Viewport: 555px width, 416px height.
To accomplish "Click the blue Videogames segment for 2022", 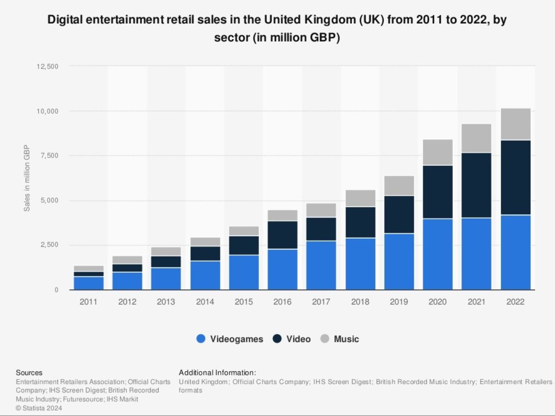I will (x=515, y=252).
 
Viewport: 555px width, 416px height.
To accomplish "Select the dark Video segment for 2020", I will (x=438, y=192).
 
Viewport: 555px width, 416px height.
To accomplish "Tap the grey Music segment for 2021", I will (x=476, y=138).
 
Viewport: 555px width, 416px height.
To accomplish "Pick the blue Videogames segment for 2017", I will (x=321, y=265).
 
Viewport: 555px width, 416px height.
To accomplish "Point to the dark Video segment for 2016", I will (x=282, y=235).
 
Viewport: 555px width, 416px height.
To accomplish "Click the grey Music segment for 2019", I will (x=399, y=185).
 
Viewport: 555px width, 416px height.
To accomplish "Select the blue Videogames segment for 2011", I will (x=88, y=283).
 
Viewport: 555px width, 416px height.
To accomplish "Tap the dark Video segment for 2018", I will (x=360, y=222).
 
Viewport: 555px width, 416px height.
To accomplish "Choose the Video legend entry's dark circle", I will (x=277, y=339).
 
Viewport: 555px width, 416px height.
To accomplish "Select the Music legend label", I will (x=346, y=339).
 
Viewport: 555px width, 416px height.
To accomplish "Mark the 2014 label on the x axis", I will (x=205, y=302).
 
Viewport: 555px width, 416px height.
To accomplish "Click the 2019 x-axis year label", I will (x=399, y=302).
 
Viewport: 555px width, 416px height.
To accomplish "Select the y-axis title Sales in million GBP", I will (x=27, y=178).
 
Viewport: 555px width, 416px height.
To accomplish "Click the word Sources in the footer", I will (x=29, y=373).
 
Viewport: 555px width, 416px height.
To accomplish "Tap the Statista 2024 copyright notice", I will (x=39, y=408).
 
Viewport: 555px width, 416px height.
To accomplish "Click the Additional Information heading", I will (x=217, y=373).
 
